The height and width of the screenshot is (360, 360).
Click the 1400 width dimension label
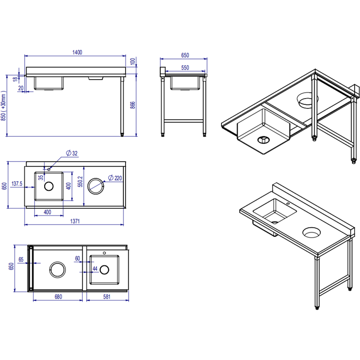pos(77,52)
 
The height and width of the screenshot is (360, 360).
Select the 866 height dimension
pos(133,105)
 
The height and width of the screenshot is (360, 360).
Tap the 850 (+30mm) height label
pos(4,106)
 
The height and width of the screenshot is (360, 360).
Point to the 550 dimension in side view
pos(185,68)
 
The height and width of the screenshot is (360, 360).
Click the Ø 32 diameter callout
pos(72,153)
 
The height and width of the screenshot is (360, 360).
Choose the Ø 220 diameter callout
pos(115,178)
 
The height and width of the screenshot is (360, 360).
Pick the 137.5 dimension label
pos(17,184)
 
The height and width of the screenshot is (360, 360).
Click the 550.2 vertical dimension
pos(80,182)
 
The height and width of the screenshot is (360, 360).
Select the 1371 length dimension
pos(75,221)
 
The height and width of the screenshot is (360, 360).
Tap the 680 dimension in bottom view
pos(58,297)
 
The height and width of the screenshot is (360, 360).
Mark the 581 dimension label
pos(107,297)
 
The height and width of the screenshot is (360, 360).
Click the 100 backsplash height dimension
pos(133,62)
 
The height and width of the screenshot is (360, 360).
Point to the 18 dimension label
pos(15,79)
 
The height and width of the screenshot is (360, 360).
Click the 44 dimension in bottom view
pos(95,268)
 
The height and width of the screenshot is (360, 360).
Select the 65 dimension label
pos(21,260)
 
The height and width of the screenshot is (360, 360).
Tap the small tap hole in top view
pos(49,170)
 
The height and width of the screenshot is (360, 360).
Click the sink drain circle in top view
pos(49,186)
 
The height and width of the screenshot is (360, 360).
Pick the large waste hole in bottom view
pos(58,270)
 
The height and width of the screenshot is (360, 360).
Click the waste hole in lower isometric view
pos(311,233)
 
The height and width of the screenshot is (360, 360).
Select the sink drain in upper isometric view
pos(263,139)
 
